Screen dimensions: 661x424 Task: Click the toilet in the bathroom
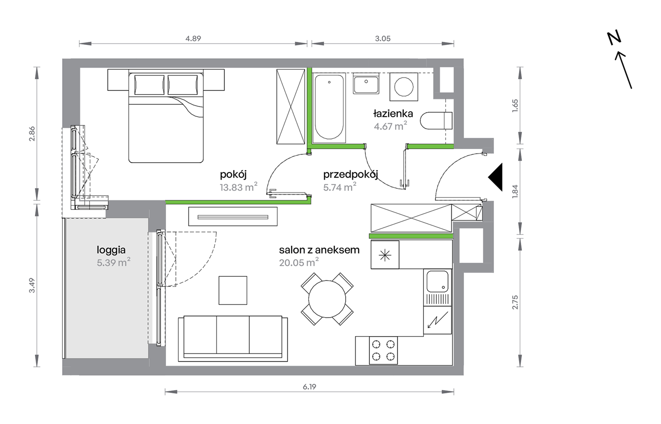pos(436,121)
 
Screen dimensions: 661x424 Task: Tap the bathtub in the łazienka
pos(329,108)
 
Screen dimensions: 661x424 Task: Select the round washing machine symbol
pos(404,87)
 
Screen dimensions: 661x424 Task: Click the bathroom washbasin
pos(366,84)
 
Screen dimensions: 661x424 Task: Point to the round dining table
pos(327,299)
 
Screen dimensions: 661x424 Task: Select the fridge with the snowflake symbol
pos(385,255)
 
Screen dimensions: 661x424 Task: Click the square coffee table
pos(233,290)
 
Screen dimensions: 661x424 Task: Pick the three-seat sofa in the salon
pos(233,339)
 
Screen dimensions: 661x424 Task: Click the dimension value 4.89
pos(193,38)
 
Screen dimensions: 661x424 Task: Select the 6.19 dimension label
pos(309,387)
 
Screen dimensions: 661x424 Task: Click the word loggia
pos(111,250)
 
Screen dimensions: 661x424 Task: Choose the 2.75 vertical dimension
pos(515,302)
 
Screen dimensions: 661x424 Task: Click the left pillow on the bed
pos(149,85)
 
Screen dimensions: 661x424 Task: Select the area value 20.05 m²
pos(299,262)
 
